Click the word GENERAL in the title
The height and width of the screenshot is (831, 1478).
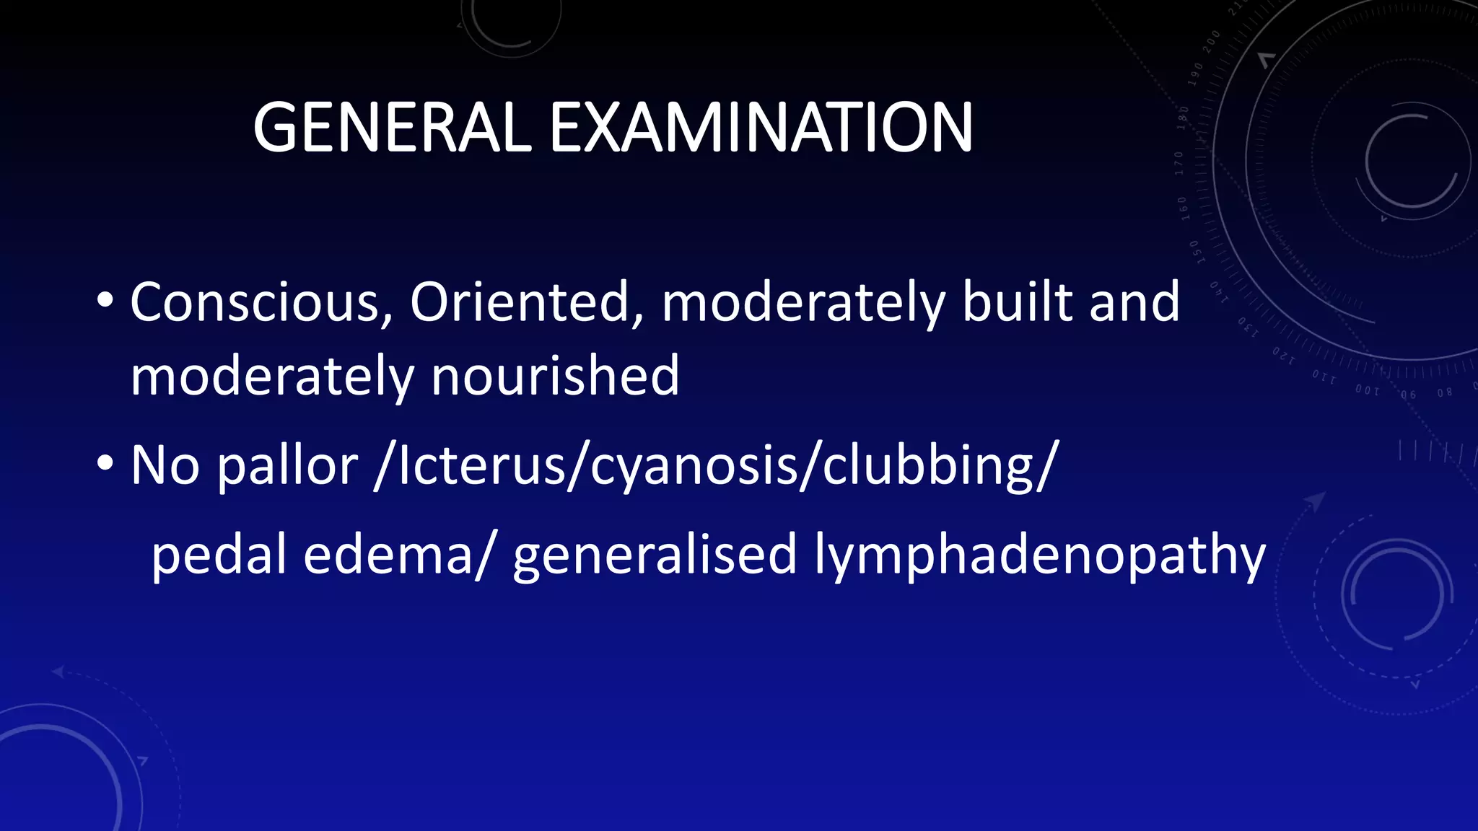[x=392, y=128]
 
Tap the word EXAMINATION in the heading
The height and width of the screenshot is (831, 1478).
[x=761, y=128]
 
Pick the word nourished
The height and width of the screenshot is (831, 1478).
[x=555, y=376]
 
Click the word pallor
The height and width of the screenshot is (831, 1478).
[x=287, y=466]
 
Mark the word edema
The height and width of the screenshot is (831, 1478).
[x=388, y=554]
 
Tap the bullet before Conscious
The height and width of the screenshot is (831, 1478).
[x=105, y=299]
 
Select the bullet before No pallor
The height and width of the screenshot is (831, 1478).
[x=105, y=463]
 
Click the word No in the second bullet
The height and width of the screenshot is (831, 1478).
[x=165, y=466]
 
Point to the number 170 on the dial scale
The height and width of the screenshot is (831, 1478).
[x=1179, y=163]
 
